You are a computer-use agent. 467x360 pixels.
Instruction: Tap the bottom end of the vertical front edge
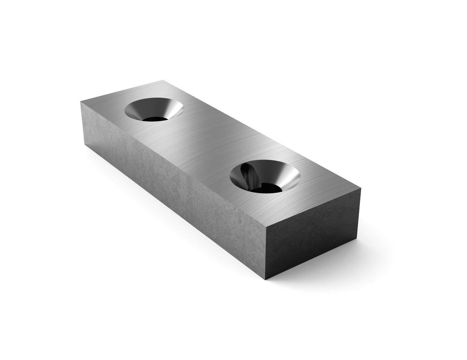[x=266, y=280]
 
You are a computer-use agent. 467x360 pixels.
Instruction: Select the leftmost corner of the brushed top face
[x=80, y=101]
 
